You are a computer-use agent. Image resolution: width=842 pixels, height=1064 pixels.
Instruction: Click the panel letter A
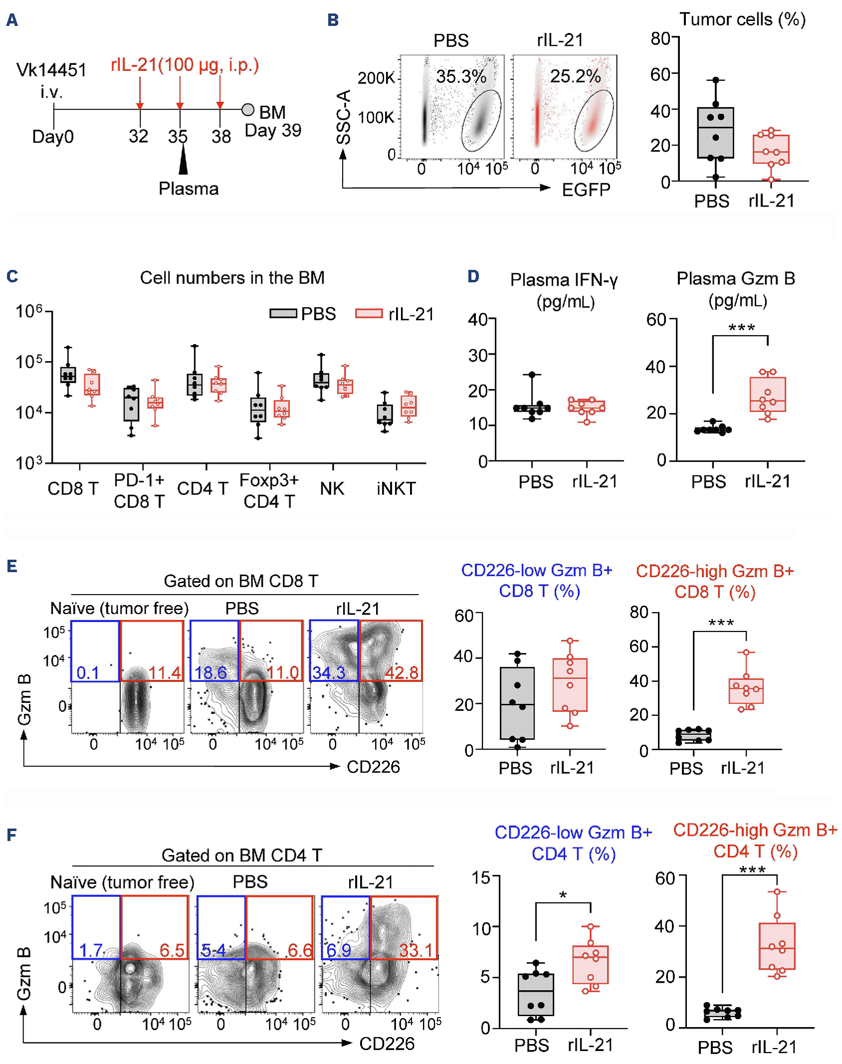click(12, 20)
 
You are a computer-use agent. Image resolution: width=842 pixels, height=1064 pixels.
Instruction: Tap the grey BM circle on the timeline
click(247, 110)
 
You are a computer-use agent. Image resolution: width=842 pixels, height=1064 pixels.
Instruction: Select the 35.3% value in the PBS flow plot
click(461, 76)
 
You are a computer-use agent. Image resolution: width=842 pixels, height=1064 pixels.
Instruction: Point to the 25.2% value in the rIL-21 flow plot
click(575, 76)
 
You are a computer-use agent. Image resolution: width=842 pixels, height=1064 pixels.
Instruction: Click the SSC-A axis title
click(344, 117)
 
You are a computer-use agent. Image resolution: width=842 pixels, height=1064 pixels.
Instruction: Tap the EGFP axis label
click(586, 190)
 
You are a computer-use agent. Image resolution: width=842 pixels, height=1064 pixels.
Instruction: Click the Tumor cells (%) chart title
click(742, 19)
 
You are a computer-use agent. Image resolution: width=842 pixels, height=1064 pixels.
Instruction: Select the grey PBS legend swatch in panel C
click(283, 314)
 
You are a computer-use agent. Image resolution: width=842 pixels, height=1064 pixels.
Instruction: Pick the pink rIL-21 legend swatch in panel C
click(369, 314)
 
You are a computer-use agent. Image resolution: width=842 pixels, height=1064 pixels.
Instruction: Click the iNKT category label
click(396, 488)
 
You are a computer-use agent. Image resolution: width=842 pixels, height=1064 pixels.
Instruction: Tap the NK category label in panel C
click(332, 488)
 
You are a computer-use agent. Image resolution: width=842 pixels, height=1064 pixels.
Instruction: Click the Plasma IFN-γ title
click(564, 280)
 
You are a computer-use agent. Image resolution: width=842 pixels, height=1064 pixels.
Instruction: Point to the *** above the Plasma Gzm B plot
click(741, 328)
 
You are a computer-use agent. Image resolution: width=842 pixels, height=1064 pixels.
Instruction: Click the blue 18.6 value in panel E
click(210, 672)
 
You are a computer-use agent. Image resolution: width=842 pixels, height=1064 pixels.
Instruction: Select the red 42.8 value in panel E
click(402, 672)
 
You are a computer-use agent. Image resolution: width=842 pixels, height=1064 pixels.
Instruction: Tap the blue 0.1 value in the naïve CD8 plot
click(88, 672)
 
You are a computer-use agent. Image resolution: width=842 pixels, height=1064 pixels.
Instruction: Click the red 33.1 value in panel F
click(416, 950)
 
